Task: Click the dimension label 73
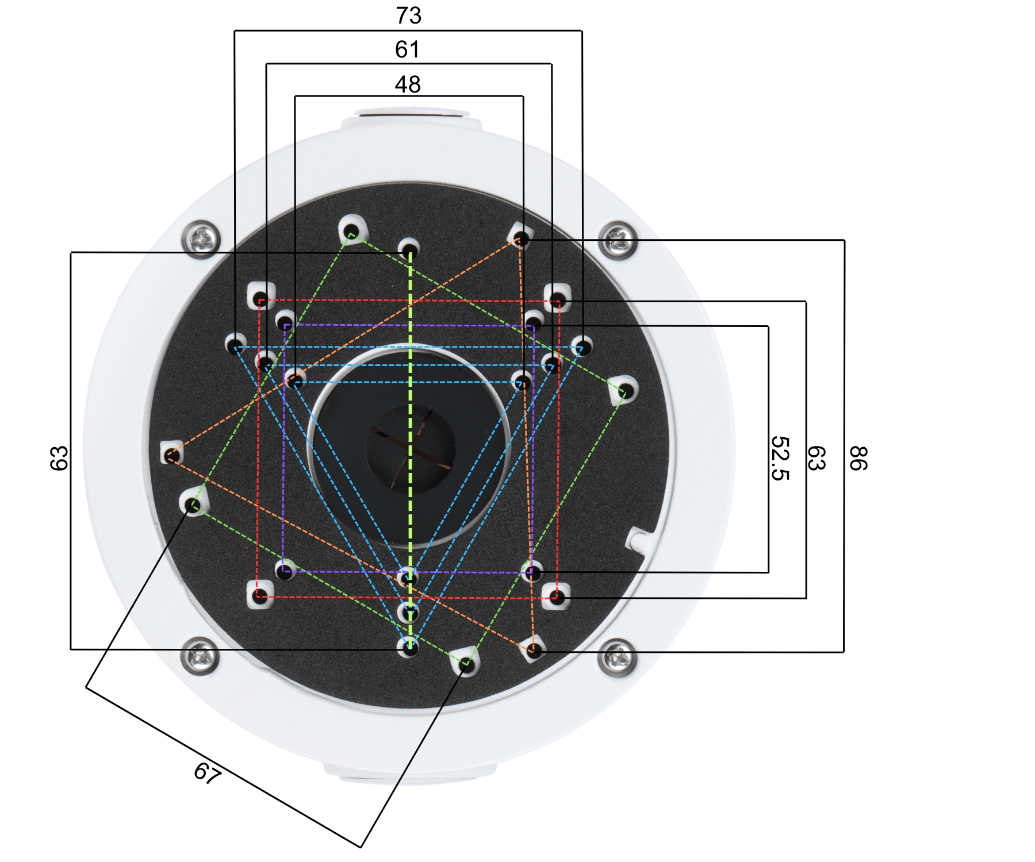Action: pyautogui.click(x=408, y=16)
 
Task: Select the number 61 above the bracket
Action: pyautogui.click(x=407, y=49)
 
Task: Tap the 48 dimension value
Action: pyautogui.click(x=408, y=84)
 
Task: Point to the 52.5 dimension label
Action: pyautogui.click(x=780, y=458)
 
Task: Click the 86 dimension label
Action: pyautogui.click(x=858, y=458)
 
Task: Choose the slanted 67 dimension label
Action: pyautogui.click(x=208, y=773)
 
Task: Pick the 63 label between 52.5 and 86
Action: pyautogui.click(x=817, y=458)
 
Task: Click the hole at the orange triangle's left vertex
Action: pyautogui.click(x=170, y=456)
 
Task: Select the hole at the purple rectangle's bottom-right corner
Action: pyautogui.click(x=533, y=572)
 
